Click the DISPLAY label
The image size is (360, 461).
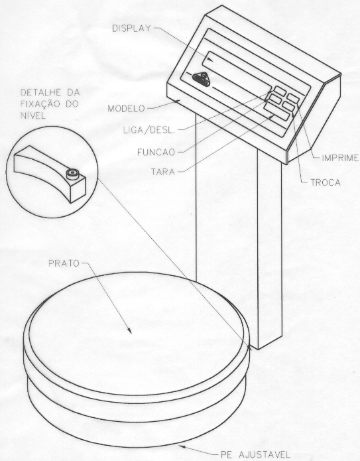131,29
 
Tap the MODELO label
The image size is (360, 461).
126,109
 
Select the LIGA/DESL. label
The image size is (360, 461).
149,130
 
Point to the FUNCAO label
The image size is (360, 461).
156,152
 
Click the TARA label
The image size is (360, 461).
163,171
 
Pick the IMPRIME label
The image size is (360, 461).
340,158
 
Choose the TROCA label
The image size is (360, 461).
326,182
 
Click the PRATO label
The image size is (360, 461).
64,263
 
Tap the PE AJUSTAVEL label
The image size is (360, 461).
255,454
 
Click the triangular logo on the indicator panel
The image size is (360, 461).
202,78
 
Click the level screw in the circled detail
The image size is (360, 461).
72,174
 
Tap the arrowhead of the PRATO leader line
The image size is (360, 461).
129,331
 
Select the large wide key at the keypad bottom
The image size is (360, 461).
276,111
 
